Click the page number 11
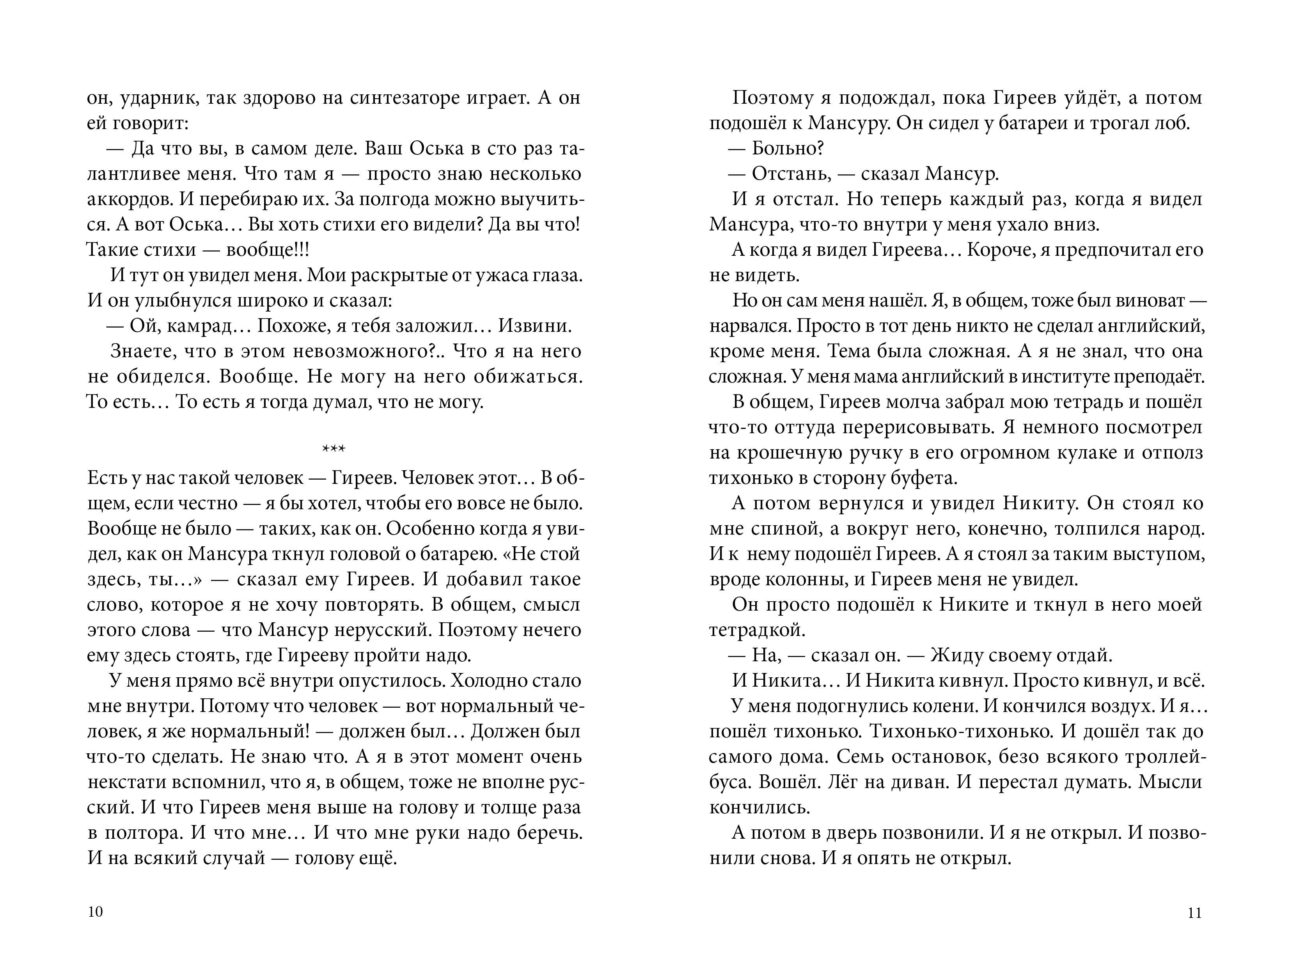[1194, 913]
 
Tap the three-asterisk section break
[334, 449]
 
